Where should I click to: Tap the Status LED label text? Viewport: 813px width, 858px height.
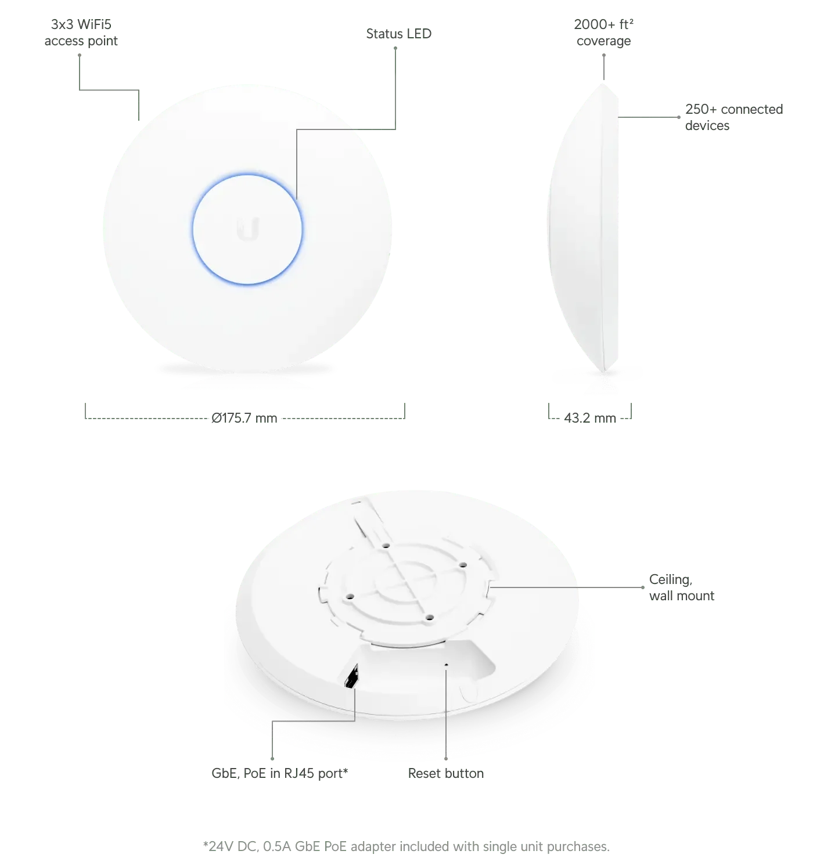coord(397,35)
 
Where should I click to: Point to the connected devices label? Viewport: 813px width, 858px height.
coord(733,118)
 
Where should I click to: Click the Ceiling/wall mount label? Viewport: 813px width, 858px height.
coord(679,588)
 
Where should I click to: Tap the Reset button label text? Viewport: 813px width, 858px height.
coord(447,774)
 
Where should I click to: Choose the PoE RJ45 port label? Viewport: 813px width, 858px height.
coord(279,774)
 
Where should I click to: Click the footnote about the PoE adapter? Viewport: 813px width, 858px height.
coord(404,846)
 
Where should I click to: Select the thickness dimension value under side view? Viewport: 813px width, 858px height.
coord(589,418)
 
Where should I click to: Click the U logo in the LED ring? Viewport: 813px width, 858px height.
coord(248,229)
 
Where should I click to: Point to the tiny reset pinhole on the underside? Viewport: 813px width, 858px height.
coord(446,665)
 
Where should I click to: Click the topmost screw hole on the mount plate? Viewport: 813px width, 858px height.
coord(386,546)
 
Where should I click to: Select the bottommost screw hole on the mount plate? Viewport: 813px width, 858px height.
coord(428,618)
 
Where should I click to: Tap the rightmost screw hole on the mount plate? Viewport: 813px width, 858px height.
coord(463,564)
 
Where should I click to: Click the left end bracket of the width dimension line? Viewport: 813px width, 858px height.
coord(85,410)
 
